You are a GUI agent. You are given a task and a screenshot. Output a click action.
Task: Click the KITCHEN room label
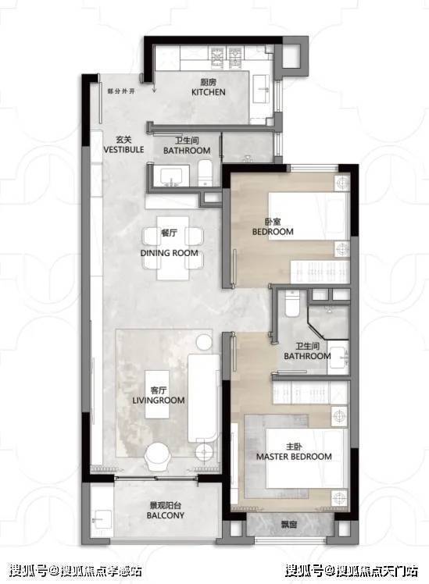tap(209, 92)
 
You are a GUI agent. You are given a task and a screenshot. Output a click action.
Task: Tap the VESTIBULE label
tap(123, 150)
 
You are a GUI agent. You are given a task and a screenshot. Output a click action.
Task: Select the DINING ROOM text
tap(170, 253)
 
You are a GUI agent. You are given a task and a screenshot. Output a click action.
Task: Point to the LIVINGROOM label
tap(159, 401)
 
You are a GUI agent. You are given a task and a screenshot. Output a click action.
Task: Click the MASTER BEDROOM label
tap(294, 457)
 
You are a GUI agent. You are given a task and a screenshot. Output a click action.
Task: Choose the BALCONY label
tap(166, 515)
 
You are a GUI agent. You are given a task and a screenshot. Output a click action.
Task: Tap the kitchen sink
tap(262, 89)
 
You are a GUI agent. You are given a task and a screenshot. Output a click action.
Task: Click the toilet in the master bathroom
tap(291, 304)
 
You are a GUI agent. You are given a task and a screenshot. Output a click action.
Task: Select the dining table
tap(173, 247)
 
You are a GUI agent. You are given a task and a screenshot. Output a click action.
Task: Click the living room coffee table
tap(157, 394)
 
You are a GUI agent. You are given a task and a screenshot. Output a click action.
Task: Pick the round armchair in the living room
tap(159, 457)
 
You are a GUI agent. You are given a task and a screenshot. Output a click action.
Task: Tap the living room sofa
tap(203, 398)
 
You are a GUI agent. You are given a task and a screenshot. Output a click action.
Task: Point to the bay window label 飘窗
tap(289, 525)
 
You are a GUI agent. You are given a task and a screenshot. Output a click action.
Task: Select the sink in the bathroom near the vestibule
tap(171, 176)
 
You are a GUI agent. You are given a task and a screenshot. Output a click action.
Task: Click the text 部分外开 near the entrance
tap(121, 91)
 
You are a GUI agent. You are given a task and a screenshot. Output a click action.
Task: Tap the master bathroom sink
tap(339, 358)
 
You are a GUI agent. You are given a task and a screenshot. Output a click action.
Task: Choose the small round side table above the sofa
tap(203, 342)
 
